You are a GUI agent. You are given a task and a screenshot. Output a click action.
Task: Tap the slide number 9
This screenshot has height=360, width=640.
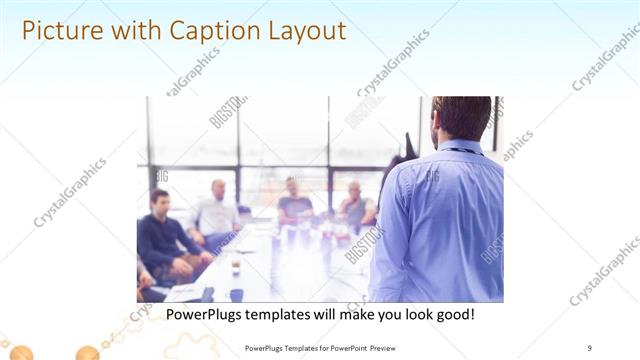point(589,348)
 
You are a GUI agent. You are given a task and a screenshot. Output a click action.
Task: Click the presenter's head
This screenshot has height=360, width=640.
point(462,118)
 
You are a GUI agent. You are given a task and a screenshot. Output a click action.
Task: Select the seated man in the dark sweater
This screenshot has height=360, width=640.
point(160,235)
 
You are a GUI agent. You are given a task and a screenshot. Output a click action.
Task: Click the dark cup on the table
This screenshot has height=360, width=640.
point(236,268)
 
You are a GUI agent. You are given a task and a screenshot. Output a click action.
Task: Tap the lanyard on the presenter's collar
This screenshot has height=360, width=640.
point(462,151)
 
